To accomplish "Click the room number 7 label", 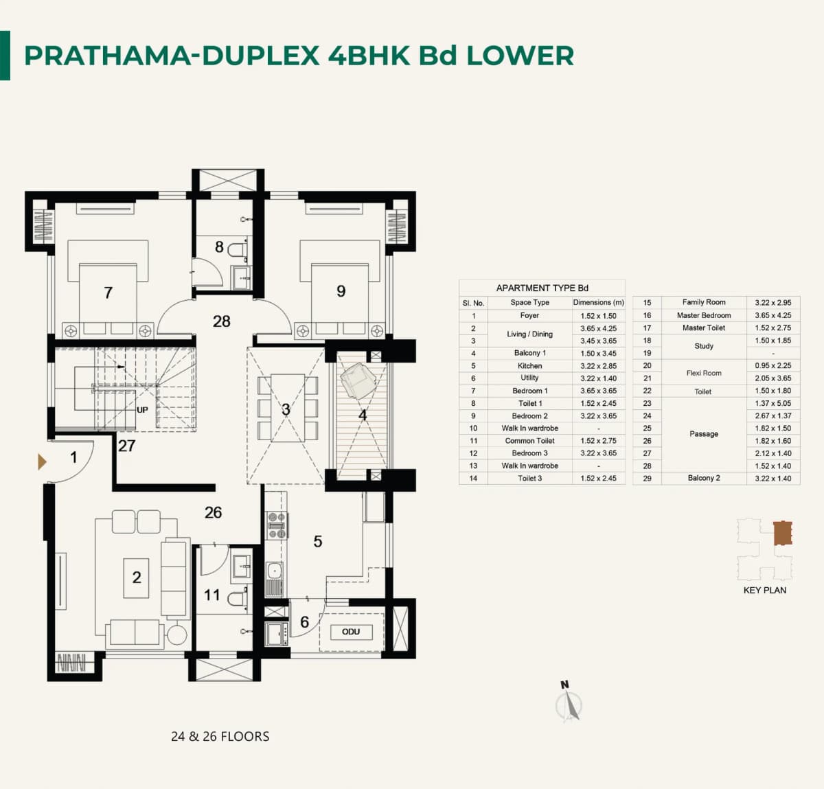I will tap(108, 293).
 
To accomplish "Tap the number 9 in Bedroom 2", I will tap(341, 291).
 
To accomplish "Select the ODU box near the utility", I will tap(350, 632).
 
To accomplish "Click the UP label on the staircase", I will tap(142, 410).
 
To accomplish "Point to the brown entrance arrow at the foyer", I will tap(42, 462).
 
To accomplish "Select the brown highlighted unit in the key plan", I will tap(782, 533).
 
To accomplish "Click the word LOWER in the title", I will tap(520, 56).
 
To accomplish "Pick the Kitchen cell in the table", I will tap(529, 366).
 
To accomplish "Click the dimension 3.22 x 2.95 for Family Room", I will tap(772, 302).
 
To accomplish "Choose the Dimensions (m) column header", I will tap(598, 302).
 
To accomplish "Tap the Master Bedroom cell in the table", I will tap(703, 315).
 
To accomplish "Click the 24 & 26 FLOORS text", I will tap(220, 736).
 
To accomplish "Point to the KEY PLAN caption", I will tap(764, 590).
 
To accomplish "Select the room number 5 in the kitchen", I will tap(317, 542).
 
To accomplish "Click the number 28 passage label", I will tap(221, 321).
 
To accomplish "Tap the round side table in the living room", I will tap(176, 634).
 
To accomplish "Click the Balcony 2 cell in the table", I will tap(703, 478).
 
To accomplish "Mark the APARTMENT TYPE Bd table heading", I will tap(542, 288).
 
